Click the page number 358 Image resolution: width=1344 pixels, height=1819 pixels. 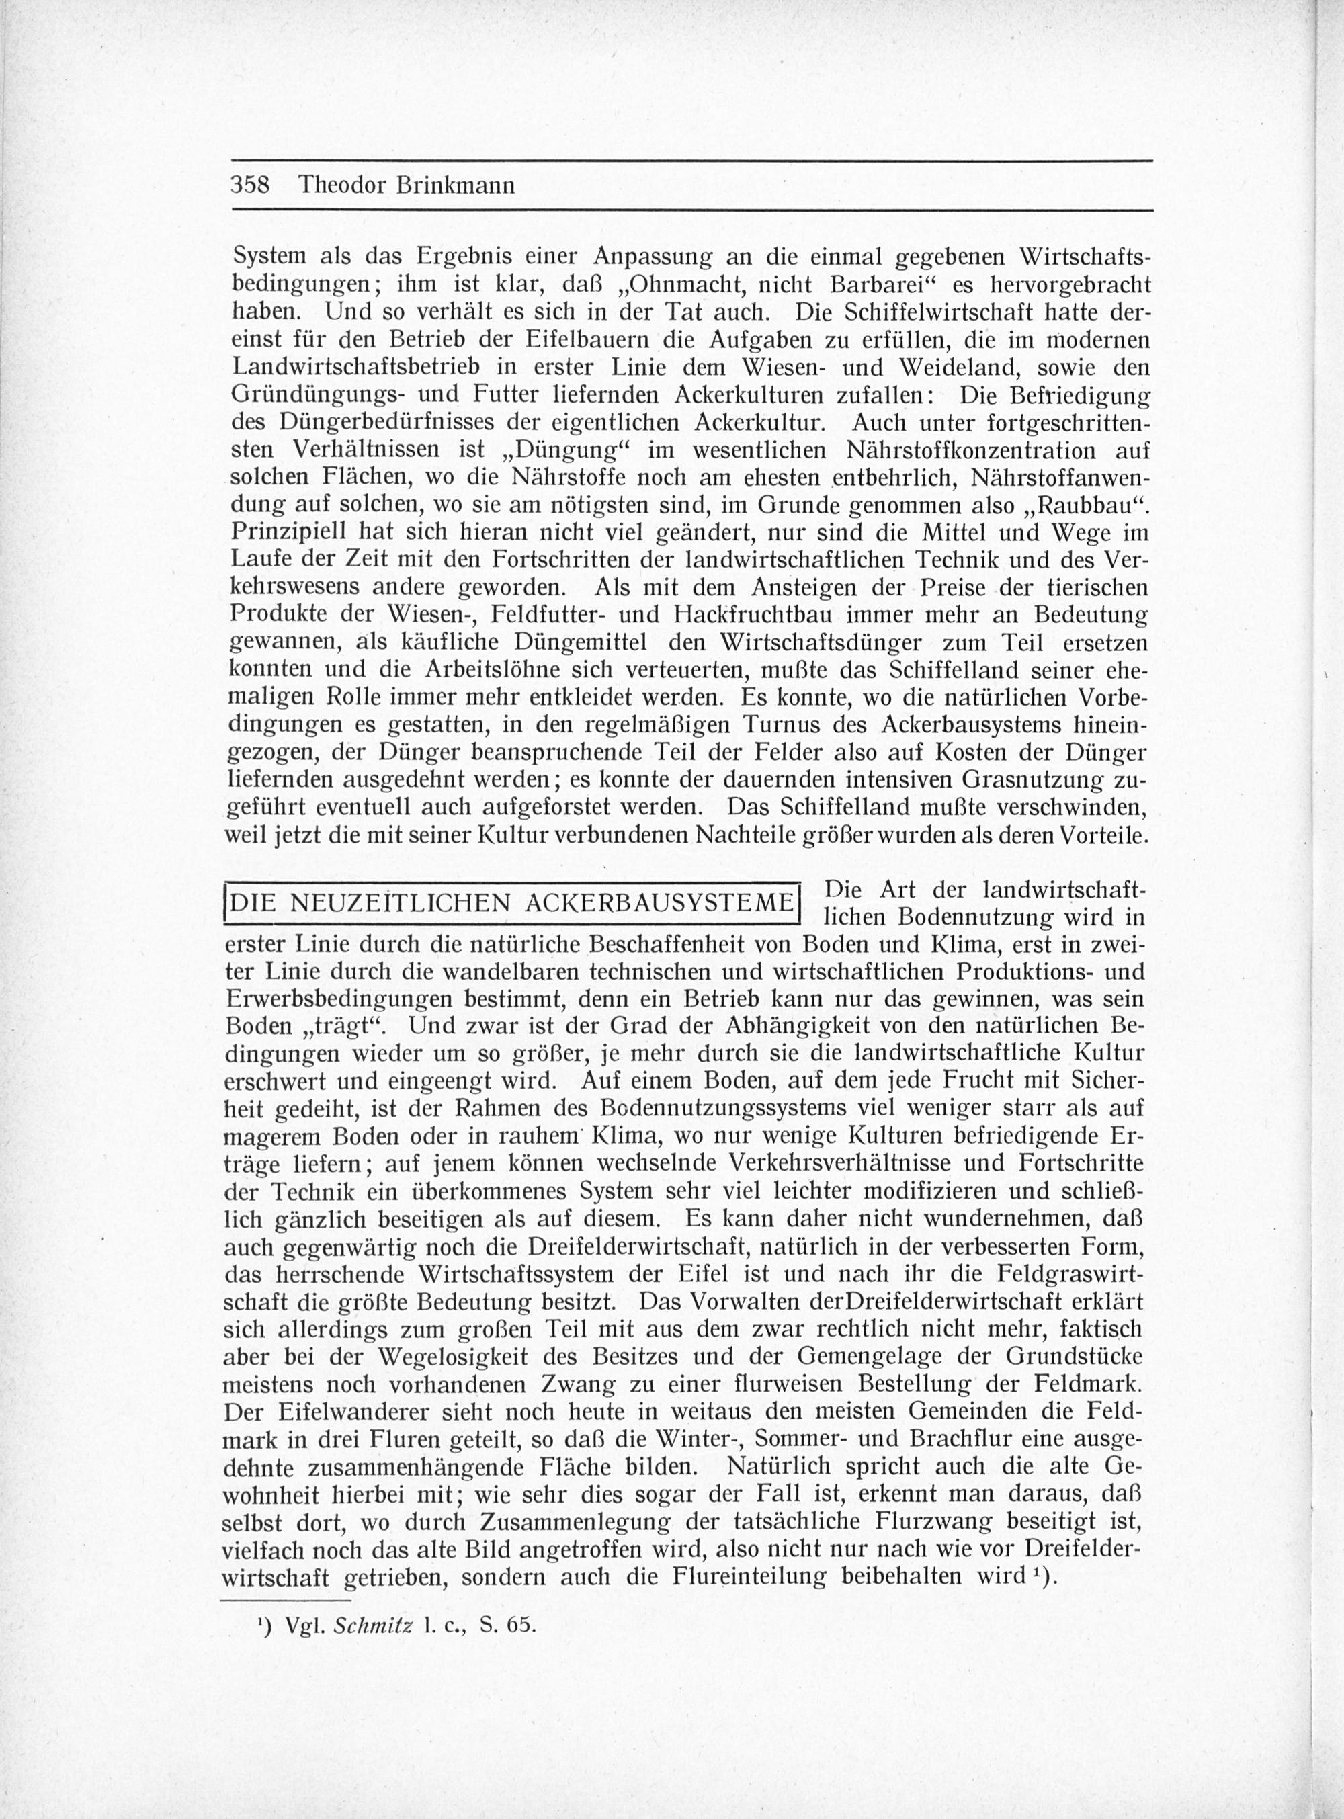pos(250,185)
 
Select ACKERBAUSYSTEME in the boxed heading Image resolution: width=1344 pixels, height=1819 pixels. pos(659,903)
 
